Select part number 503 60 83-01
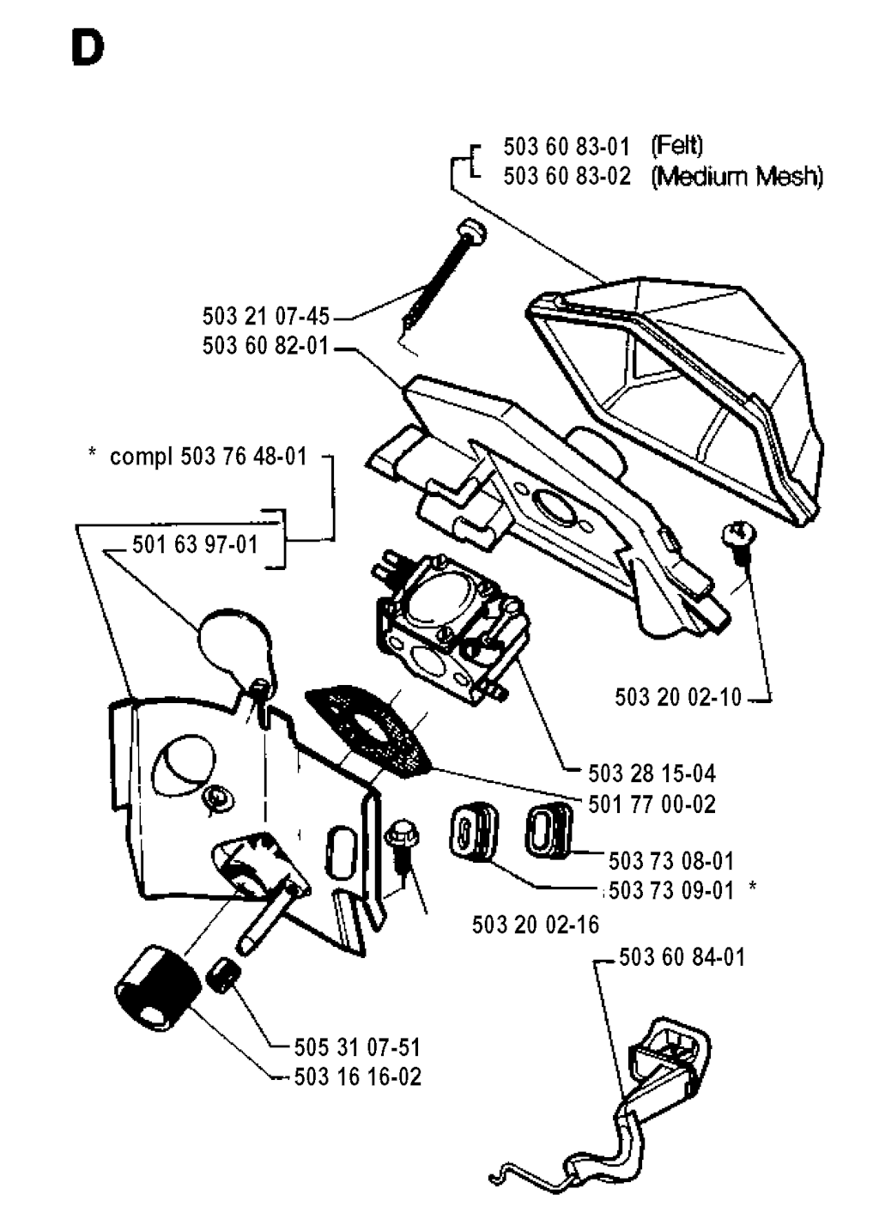coord(567,146)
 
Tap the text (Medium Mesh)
coord(737,177)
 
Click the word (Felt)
coord(677,146)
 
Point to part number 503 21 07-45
coord(266,317)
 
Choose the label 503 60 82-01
coord(266,346)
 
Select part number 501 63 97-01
coord(195,544)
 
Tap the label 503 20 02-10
coord(677,696)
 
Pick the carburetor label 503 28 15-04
coord(652,773)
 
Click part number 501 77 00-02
coord(652,804)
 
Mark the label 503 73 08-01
coord(671,861)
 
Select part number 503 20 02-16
coord(536,925)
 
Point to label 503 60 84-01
coord(682,956)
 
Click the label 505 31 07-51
coord(357,1047)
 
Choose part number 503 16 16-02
coord(357,1076)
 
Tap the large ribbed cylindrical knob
coord(155,988)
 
